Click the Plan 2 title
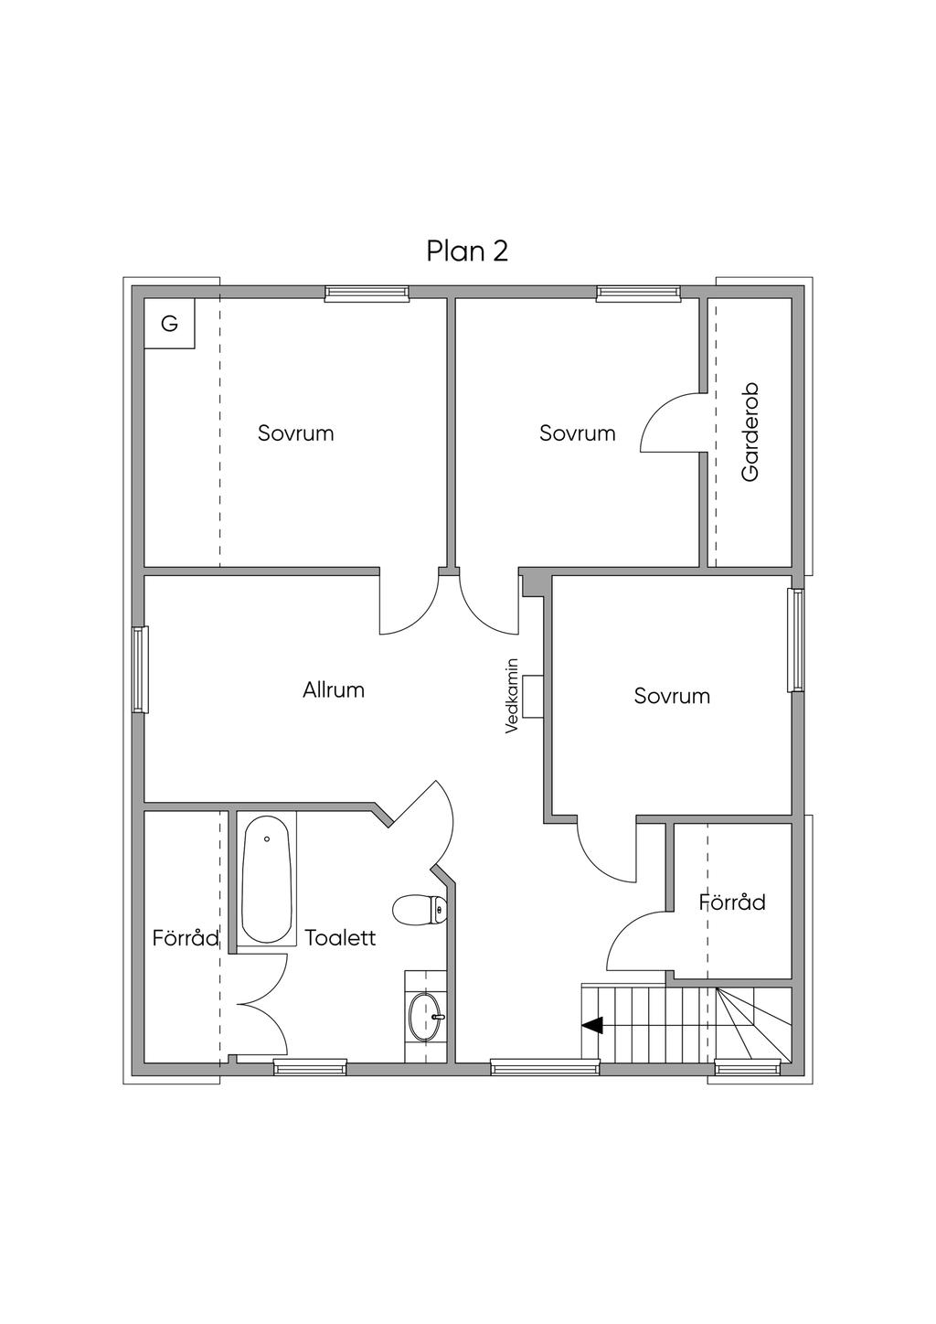coord(467,251)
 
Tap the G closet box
coord(170,324)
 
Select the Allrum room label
coord(334,689)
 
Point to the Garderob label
coord(750,432)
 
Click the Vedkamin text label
coord(512,696)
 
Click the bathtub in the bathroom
coord(267,879)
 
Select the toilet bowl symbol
coord(420,910)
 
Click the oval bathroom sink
coord(425,1018)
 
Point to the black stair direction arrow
coord(592,1026)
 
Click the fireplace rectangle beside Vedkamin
coord(533,696)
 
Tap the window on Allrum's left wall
coord(140,669)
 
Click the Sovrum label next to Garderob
coord(578,433)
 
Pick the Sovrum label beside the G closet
coord(295,433)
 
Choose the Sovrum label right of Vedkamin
coord(672,696)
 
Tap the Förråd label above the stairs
coord(732,902)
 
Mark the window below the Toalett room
coord(310,1067)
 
